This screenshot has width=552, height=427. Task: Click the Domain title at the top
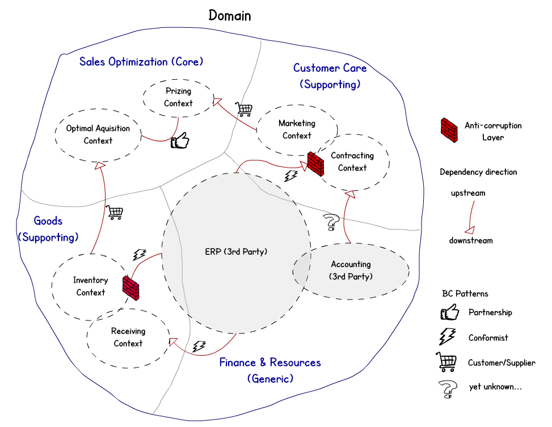(230, 15)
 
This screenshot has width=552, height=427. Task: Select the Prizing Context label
(178, 97)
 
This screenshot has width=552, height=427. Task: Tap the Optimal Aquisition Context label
(98, 134)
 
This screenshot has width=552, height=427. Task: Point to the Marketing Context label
(297, 129)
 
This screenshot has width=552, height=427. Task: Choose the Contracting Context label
(352, 161)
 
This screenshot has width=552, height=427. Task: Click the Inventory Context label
(90, 286)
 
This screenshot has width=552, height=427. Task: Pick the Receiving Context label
(128, 337)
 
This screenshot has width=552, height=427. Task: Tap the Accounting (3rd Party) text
(351, 270)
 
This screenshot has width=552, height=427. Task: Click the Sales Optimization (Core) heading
(141, 61)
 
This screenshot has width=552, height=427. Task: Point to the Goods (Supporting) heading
(48, 229)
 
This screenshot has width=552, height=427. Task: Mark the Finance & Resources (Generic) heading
(270, 370)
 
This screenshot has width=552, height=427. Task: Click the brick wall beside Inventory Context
(131, 288)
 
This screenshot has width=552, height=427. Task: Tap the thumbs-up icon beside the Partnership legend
(449, 312)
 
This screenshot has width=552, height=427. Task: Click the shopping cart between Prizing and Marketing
(244, 109)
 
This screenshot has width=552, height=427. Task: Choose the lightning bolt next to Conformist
(448, 338)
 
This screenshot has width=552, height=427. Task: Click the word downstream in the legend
(471, 240)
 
